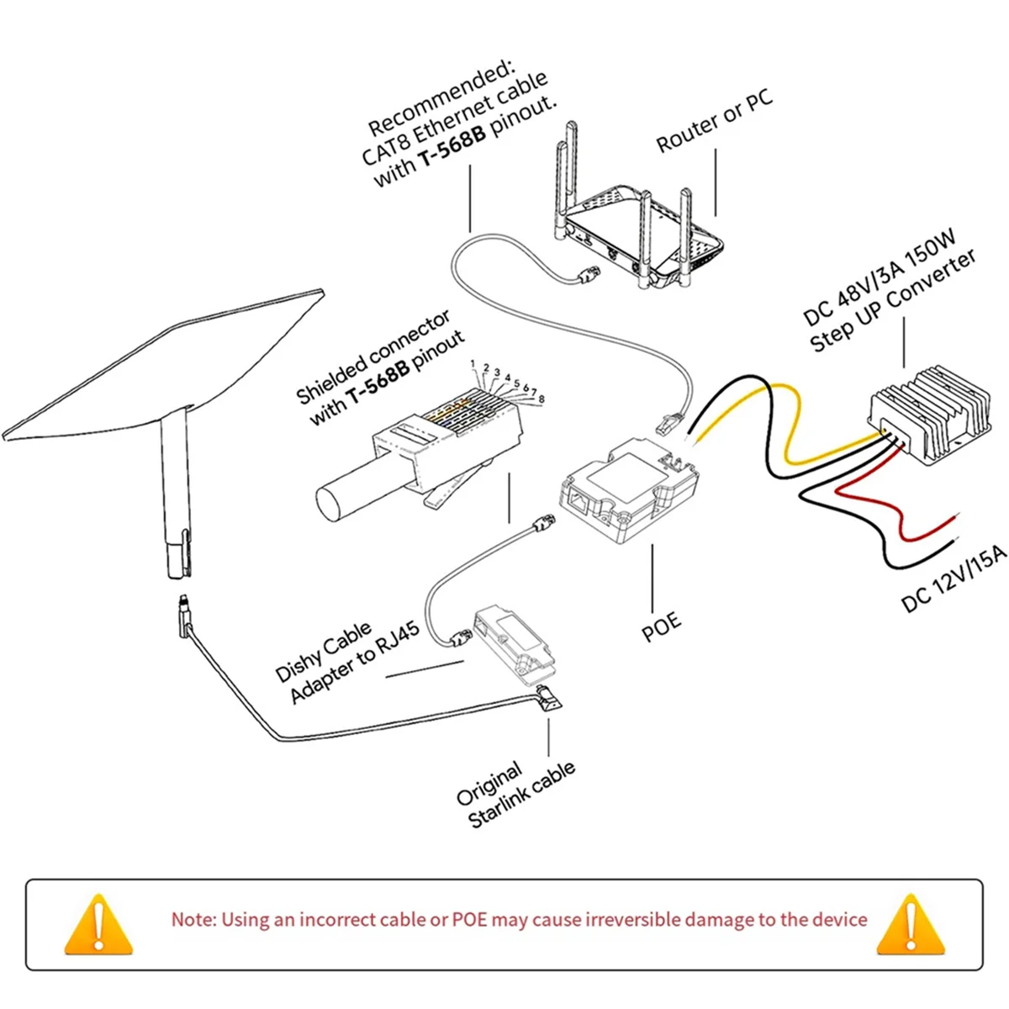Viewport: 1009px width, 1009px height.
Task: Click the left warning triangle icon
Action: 99,925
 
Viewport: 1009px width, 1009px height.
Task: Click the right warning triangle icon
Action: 910,925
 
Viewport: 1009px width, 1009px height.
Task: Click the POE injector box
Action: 631,492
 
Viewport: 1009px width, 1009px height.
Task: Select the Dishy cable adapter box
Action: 513,640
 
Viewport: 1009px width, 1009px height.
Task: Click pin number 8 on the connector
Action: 541,398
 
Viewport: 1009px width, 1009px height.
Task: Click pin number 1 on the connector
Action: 473,364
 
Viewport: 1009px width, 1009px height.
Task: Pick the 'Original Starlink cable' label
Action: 515,795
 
